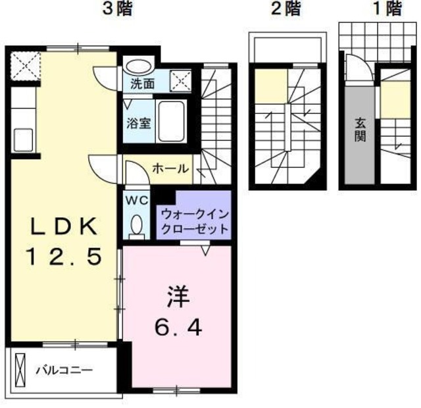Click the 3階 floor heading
click(117, 9)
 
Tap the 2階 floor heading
click(286, 9)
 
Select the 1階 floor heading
click(387, 9)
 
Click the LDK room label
click(64, 226)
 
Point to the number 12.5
click(64, 257)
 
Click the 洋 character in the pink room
click(178, 297)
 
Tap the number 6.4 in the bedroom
click(178, 328)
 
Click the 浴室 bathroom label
click(139, 123)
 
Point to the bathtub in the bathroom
click(172, 121)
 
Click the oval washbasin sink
click(139, 66)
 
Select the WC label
click(137, 200)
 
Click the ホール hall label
click(170, 169)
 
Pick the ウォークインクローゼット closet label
click(195, 222)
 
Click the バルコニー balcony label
click(64, 370)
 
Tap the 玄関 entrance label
click(360, 130)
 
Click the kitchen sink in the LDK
click(24, 140)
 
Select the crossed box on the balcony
click(20, 370)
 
